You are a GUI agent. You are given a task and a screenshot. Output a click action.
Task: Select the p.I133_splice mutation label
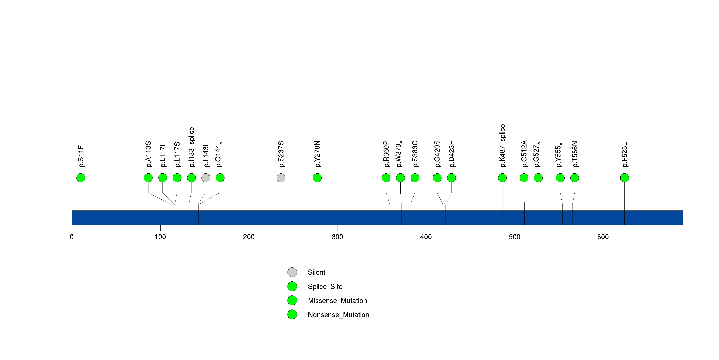click(191, 147)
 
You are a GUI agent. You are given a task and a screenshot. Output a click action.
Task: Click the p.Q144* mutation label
click(219, 154)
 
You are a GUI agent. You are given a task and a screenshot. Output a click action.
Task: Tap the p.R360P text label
click(386, 154)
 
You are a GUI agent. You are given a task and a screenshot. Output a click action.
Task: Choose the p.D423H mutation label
click(451, 154)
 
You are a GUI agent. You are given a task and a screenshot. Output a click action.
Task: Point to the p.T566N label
click(574, 154)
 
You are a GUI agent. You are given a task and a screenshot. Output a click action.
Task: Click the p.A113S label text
click(148, 154)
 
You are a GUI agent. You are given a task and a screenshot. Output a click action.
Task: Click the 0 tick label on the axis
click(72, 237)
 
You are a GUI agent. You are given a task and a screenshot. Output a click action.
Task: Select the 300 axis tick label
click(337, 237)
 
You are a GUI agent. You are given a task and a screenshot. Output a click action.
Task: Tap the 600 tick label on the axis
click(603, 237)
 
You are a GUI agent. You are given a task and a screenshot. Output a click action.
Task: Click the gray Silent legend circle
click(292, 272)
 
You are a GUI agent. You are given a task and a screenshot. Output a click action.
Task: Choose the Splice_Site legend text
click(325, 287)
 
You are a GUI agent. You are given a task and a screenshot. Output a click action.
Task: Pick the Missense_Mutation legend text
click(337, 301)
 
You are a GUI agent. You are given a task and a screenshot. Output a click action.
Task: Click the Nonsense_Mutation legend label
click(338, 315)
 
